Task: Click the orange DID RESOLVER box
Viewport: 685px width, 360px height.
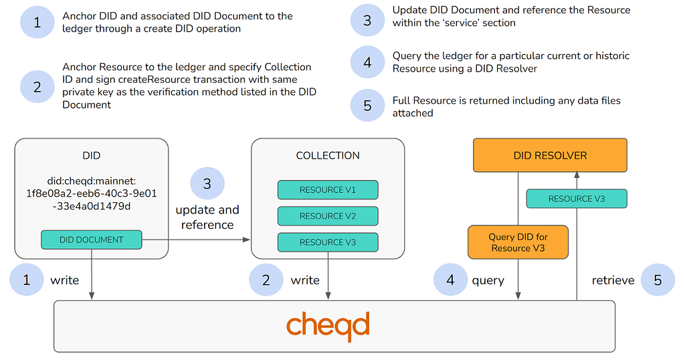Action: click(550, 155)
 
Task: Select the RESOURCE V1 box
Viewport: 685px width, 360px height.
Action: click(328, 189)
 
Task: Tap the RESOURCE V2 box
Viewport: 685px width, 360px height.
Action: click(328, 216)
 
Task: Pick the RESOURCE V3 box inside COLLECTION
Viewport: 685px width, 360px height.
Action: click(328, 242)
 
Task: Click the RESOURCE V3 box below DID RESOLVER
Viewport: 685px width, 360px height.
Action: click(576, 199)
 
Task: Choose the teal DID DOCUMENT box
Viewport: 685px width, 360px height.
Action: click(92, 240)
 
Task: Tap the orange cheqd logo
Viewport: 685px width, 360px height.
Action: click(328, 326)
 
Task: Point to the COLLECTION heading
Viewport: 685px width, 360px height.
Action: click(328, 155)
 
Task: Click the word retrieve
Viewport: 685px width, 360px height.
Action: click(613, 280)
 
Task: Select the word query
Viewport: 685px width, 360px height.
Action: click(488, 280)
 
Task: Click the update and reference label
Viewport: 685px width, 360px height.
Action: click(207, 217)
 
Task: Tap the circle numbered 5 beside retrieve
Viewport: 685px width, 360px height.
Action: click(658, 280)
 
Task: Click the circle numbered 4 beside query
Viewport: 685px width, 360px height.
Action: click(450, 280)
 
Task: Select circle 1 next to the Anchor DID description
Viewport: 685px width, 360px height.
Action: click(37, 21)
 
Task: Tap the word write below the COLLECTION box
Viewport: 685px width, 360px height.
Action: click(305, 280)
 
